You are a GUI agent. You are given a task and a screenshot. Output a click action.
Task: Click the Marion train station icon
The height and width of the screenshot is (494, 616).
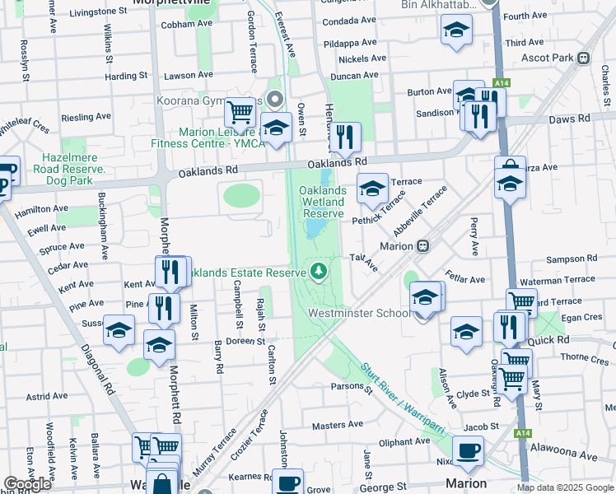(x=423, y=245)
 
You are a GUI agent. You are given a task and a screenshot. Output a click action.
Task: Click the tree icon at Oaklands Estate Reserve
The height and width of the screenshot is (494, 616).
(x=318, y=271)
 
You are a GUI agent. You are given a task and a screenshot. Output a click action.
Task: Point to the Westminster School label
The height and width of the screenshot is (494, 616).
(x=359, y=313)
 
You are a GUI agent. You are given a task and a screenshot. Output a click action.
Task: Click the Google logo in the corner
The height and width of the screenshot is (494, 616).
(x=27, y=484)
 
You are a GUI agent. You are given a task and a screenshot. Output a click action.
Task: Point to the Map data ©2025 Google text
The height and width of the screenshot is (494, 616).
(x=565, y=487)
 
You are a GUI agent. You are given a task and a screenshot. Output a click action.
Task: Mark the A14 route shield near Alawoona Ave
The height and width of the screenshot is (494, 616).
(x=522, y=431)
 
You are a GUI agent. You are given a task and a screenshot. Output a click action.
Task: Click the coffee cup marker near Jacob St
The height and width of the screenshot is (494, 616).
(x=469, y=450)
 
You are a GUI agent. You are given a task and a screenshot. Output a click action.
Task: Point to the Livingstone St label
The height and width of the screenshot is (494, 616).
(x=103, y=12)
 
